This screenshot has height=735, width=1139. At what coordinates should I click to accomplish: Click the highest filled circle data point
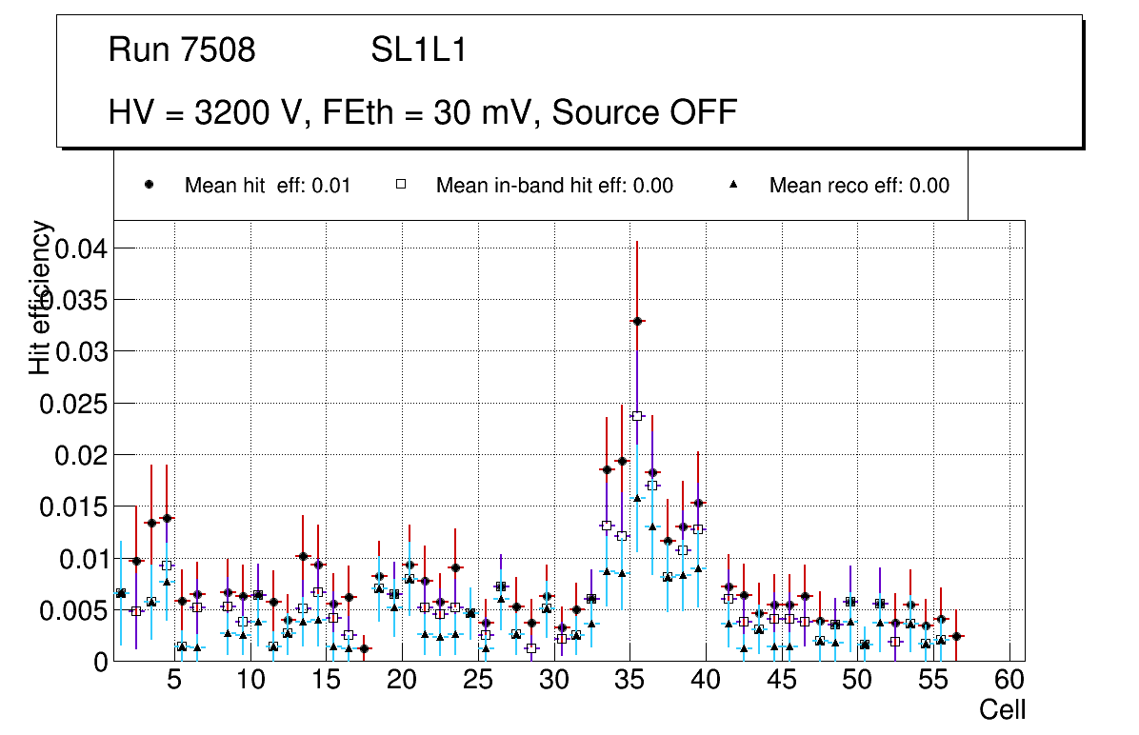(x=637, y=322)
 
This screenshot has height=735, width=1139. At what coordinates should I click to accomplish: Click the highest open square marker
(x=637, y=416)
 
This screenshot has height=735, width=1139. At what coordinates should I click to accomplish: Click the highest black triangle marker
(x=637, y=498)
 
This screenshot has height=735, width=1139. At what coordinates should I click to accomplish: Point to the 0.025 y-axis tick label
(x=71, y=404)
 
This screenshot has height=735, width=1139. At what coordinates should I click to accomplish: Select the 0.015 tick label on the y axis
(x=71, y=507)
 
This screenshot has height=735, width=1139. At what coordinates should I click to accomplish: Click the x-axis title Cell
(x=1003, y=709)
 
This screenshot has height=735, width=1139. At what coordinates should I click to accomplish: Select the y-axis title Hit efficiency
(x=40, y=297)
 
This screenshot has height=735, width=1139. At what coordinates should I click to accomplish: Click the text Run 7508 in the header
(x=182, y=50)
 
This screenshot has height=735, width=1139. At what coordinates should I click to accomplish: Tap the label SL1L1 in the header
(x=419, y=50)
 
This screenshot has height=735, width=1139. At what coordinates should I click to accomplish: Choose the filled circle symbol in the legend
(x=150, y=185)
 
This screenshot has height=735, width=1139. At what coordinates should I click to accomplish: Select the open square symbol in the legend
(x=401, y=185)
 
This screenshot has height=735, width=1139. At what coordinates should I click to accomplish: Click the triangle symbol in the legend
(x=734, y=185)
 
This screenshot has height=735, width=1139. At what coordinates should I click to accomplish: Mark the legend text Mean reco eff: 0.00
(x=859, y=186)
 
